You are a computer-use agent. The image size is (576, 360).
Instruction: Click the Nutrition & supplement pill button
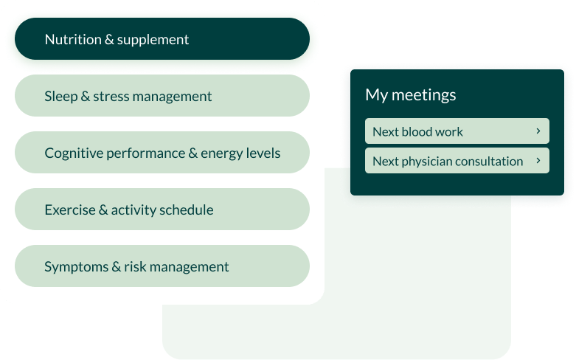[x=162, y=38]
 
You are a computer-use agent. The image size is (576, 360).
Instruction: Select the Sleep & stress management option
[x=162, y=95]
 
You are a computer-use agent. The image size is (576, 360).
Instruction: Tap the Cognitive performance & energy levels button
[x=162, y=153]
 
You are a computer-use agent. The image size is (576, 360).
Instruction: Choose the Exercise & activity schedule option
[x=162, y=209]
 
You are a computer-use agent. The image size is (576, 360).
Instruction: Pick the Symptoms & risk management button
[x=162, y=266]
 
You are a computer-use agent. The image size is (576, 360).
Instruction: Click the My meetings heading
[x=411, y=95]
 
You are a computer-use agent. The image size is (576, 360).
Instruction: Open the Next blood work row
[x=457, y=131]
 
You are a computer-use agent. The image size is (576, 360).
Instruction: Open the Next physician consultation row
[x=457, y=161]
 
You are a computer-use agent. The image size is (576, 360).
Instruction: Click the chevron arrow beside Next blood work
[x=538, y=131]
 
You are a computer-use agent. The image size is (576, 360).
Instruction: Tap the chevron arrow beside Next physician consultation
[x=538, y=161]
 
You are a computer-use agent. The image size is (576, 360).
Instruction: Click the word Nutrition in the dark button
[x=73, y=39]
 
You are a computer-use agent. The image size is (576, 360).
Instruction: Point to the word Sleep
[x=61, y=96]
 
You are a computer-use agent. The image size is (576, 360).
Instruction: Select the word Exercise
[x=70, y=210]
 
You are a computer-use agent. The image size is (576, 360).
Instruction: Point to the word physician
[x=426, y=162]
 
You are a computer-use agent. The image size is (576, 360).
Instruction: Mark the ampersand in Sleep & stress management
[x=86, y=96]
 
